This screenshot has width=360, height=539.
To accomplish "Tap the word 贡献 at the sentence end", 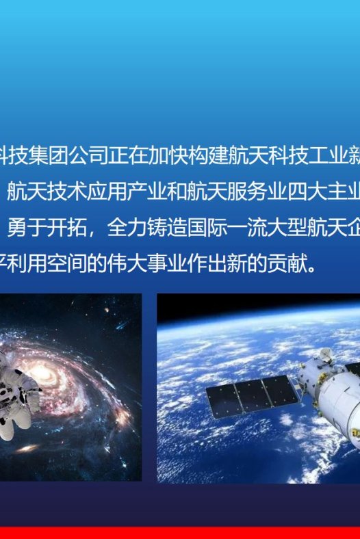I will coord(285,264).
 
